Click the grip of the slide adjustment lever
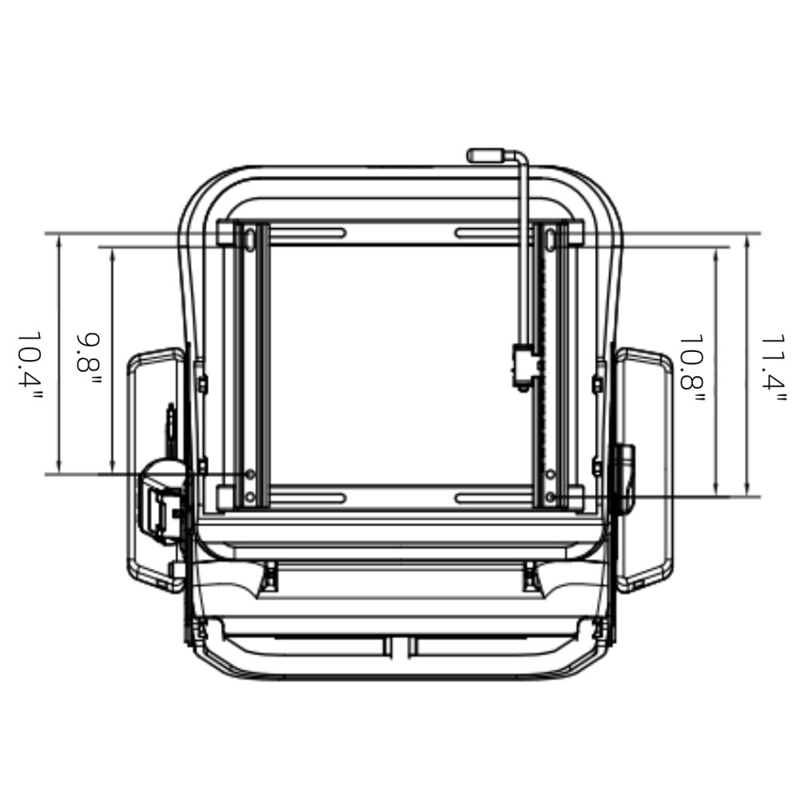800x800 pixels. coord(485,154)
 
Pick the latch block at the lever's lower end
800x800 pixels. coord(525,366)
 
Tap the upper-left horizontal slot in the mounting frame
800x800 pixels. coord(311,234)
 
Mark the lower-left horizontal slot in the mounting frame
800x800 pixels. coord(311,498)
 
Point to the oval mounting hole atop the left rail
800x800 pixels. coord(250,238)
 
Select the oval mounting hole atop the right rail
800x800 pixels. coord(550,238)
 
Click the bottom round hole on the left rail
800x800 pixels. coord(250,498)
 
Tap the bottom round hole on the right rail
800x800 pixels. coord(550,498)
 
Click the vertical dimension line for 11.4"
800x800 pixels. coord(746,365)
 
